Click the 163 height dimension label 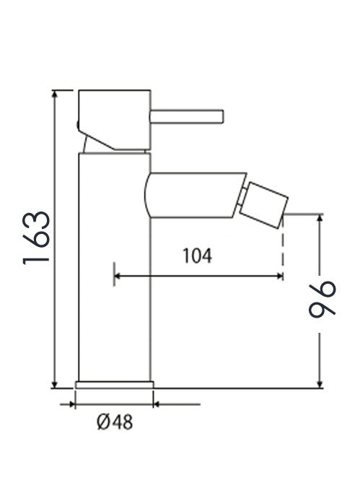[36, 238]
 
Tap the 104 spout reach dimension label [198, 256]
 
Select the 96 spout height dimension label [322, 299]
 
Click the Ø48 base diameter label [115, 422]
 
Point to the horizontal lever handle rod [187, 116]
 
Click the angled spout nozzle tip [264, 206]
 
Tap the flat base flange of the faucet [115, 385]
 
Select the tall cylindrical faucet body [115, 267]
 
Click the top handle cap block [115, 120]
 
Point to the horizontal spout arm [195, 196]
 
